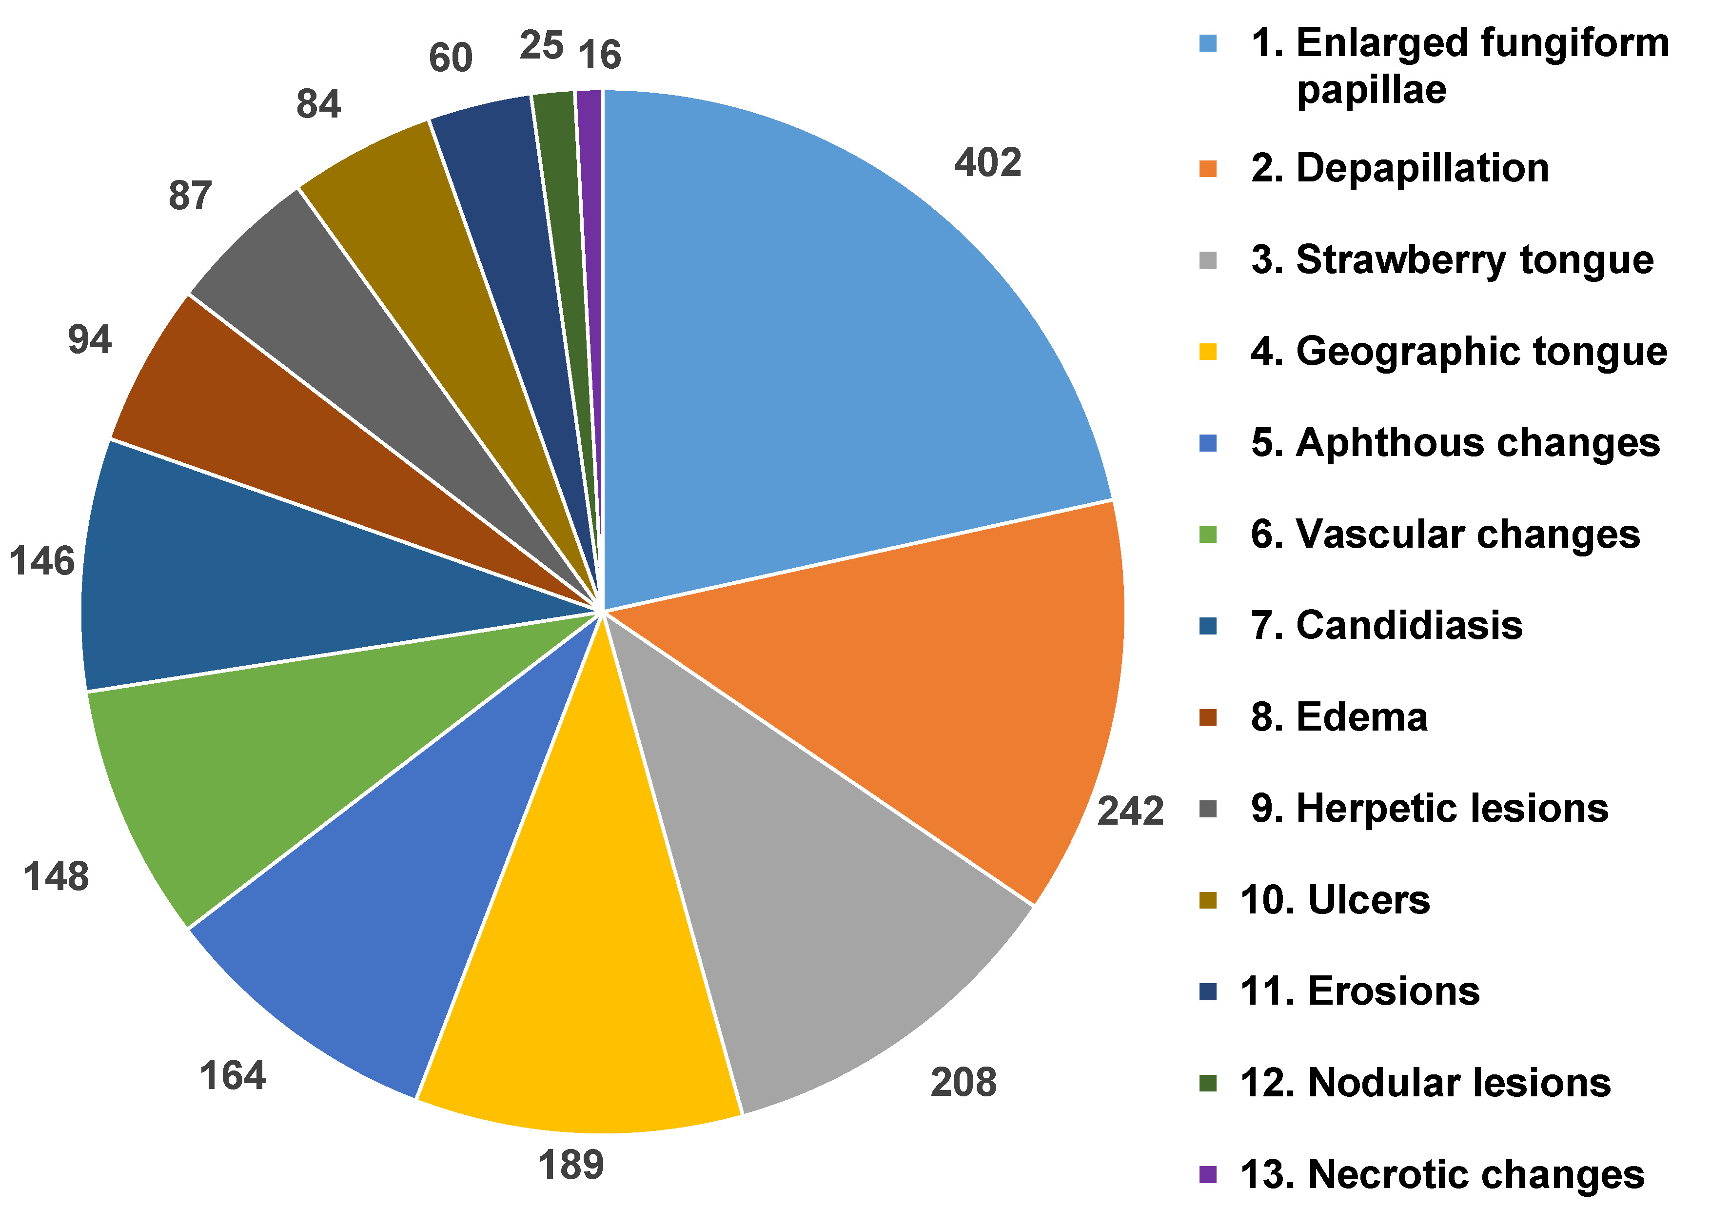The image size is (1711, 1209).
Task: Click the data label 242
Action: click(1130, 812)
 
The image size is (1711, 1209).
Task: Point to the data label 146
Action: click(42, 561)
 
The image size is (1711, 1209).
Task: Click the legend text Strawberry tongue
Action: click(1474, 260)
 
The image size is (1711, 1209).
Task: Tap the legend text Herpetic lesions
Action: click(1452, 809)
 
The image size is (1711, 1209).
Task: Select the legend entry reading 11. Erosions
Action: click(1360, 992)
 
